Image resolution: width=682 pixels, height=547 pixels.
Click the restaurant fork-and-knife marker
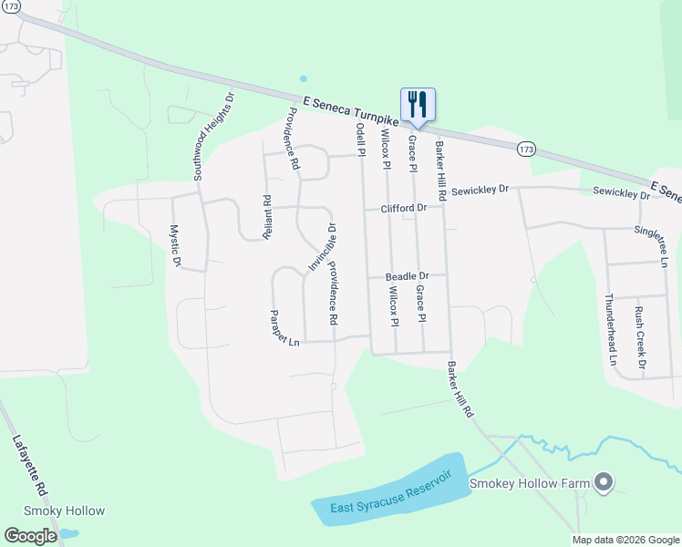coord(418,102)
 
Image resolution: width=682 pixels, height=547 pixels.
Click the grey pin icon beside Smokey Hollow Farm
coord(603,483)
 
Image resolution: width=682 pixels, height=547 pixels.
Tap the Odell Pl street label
coord(361,141)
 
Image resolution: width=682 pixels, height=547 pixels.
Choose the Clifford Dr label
coord(404,209)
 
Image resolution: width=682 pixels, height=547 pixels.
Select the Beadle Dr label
coord(407,276)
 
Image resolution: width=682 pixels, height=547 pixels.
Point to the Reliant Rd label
coord(267,217)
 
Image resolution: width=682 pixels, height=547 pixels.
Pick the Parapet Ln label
coord(284,328)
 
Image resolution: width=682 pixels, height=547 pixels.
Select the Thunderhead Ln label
coord(612,329)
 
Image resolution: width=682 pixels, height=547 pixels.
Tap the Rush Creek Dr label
coord(641,339)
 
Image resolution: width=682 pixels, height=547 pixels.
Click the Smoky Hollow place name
coord(64,511)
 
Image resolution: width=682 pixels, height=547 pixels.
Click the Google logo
coord(30,536)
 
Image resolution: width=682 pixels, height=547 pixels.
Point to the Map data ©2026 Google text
coord(625,540)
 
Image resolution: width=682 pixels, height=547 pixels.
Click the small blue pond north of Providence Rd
coord(303,78)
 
